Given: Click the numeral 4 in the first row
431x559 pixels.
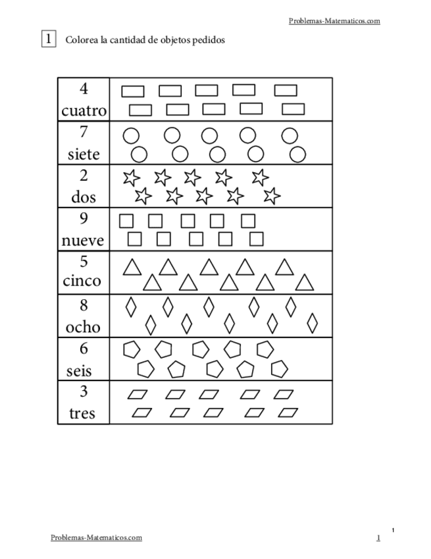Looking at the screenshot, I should (x=84, y=89).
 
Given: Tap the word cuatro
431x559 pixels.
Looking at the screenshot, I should (x=84, y=110).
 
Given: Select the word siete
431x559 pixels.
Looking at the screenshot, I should (x=84, y=154).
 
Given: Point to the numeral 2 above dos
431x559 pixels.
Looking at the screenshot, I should (x=84, y=175).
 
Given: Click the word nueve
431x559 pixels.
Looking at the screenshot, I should (x=84, y=241).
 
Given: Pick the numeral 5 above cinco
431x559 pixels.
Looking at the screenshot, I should (x=84, y=262).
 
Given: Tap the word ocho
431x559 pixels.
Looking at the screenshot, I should (x=84, y=326).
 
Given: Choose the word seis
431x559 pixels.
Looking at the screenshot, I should (x=80, y=370).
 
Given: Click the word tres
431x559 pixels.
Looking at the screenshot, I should (x=82, y=413).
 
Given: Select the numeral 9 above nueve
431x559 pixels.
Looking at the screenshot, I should (x=84, y=218).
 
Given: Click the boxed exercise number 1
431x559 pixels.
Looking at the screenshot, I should (x=49, y=39).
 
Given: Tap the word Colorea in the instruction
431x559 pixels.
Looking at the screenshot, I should (x=80, y=40).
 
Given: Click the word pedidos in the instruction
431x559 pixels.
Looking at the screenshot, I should (x=210, y=40).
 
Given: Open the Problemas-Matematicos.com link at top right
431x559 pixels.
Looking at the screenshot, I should (x=334, y=21).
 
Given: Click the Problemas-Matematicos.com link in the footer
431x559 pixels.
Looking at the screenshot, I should (x=96, y=537).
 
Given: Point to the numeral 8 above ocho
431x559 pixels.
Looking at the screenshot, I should (x=84, y=305).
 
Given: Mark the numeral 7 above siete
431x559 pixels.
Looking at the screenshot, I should (x=84, y=132).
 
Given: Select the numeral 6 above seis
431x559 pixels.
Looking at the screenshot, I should (x=84, y=349).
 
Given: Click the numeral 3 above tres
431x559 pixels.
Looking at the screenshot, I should (x=84, y=392).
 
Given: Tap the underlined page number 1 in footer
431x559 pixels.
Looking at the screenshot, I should (x=378, y=538).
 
